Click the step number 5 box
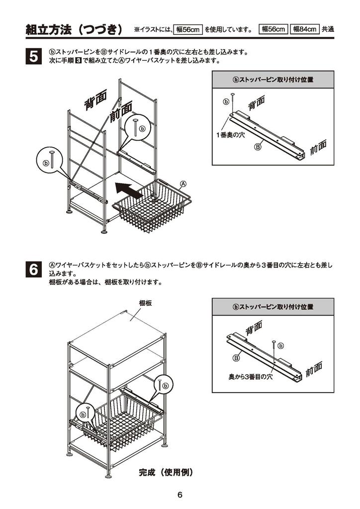(x=32, y=56)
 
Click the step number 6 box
(x=32, y=270)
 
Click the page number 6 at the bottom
(x=180, y=495)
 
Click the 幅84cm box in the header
(x=304, y=29)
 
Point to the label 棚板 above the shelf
(x=145, y=303)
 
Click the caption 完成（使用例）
(x=166, y=472)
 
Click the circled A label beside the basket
(x=183, y=183)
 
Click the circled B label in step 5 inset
(x=258, y=147)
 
